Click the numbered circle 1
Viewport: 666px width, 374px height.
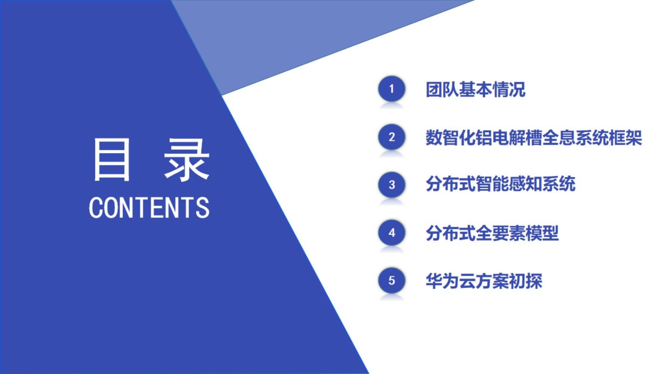391,89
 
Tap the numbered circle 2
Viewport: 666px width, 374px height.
391,137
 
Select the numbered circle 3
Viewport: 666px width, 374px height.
391,185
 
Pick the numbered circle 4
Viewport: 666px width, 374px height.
391,233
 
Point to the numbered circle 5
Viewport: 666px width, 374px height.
391,280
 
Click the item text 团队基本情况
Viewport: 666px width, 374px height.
475,89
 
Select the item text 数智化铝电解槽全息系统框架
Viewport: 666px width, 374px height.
533,138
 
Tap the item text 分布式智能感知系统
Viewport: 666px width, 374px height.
500,184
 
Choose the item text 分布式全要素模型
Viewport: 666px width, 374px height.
492,233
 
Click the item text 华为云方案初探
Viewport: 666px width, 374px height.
484,281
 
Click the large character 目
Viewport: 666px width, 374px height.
111,160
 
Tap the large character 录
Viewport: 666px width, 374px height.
186,160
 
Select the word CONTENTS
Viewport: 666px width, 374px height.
149,208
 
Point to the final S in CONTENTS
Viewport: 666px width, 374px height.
203,208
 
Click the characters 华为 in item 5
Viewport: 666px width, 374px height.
442,281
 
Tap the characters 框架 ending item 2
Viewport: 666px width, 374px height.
625,138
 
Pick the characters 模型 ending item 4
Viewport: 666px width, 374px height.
542,233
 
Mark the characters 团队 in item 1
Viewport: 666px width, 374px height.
442,89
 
